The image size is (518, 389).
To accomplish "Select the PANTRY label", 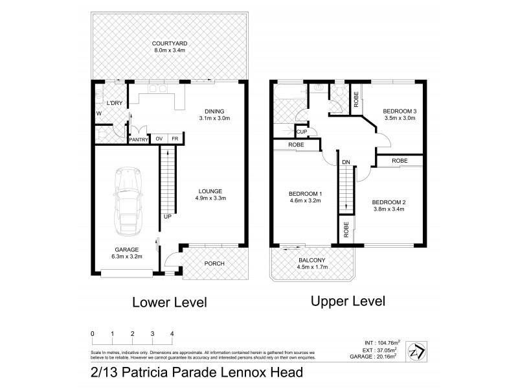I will click(x=139, y=139).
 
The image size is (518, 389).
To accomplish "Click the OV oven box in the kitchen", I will click(x=159, y=139).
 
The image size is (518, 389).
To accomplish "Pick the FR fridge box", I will click(x=175, y=139).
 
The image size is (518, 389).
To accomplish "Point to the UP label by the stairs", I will click(x=167, y=216).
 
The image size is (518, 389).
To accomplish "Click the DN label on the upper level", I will click(x=346, y=161).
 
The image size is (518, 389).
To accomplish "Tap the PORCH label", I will click(x=214, y=263).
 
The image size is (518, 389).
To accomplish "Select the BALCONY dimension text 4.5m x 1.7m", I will click(x=311, y=267).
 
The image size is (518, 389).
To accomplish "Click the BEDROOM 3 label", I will click(x=400, y=111).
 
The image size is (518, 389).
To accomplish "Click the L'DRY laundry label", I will click(x=114, y=103).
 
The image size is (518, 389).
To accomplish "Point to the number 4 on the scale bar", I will click(x=172, y=334).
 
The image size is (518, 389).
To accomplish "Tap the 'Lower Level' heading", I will click(x=169, y=301).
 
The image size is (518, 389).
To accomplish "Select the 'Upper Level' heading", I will click(x=348, y=301).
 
